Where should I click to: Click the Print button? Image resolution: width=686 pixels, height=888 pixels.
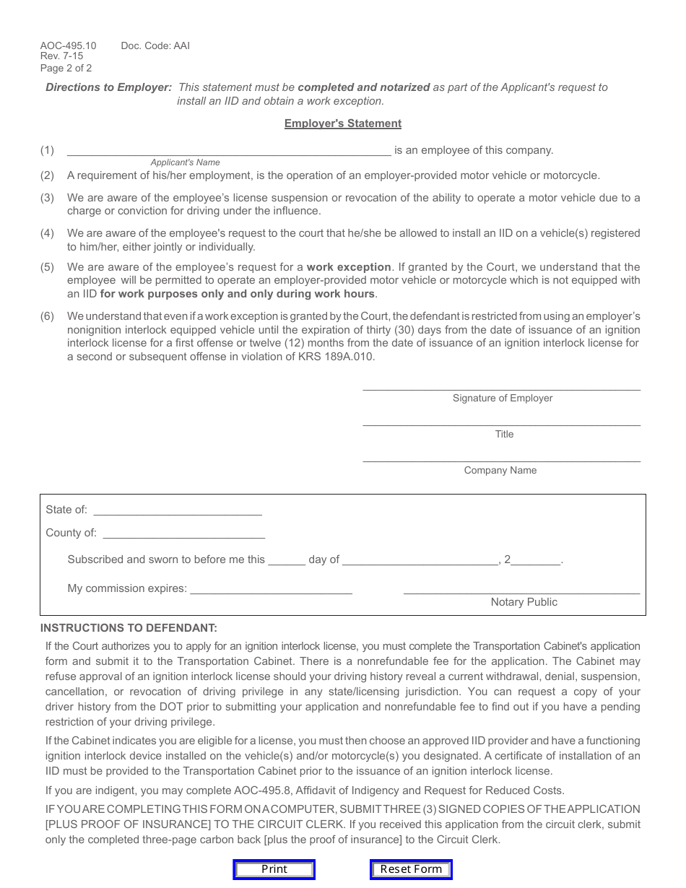274,869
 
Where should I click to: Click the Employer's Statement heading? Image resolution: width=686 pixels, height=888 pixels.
342,123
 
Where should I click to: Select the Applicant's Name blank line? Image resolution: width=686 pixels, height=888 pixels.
229,150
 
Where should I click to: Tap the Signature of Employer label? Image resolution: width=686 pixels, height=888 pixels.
503,398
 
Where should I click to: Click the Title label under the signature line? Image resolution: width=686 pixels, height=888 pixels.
504,434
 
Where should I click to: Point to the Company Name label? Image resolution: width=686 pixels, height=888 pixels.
500,470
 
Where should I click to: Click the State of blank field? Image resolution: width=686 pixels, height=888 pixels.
178,510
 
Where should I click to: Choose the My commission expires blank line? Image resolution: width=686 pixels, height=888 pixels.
271,588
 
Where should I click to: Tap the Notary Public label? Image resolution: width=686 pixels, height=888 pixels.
524,602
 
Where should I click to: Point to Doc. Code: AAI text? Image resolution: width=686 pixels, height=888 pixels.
155,45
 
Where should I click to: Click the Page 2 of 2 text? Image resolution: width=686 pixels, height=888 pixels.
66,69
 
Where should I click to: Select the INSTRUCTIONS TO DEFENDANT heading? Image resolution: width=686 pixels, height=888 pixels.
129,628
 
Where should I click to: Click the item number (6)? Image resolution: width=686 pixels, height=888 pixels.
47,316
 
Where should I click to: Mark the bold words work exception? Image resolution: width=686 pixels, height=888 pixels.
349,267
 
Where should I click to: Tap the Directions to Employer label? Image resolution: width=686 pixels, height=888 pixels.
109,87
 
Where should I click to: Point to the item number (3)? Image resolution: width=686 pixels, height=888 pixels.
47,198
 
